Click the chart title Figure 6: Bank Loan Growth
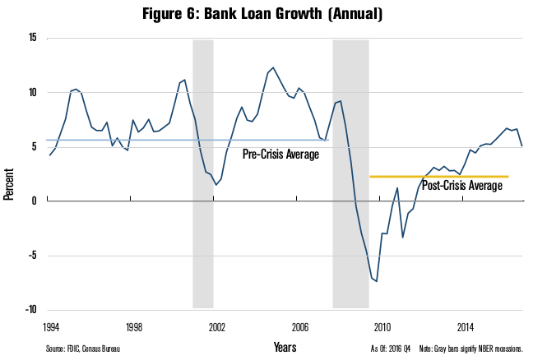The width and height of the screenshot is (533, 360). (x=266, y=14)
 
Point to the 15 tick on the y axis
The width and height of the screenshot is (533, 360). (x=32, y=38)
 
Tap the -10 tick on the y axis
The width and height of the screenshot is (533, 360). (x=30, y=310)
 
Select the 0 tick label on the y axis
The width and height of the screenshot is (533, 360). (x=35, y=201)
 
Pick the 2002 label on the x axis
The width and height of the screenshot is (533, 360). (x=217, y=325)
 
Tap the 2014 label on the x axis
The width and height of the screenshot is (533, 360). (x=466, y=325)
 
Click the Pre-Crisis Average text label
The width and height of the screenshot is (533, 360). (x=280, y=154)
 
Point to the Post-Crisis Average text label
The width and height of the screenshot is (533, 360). (x=461, y=187)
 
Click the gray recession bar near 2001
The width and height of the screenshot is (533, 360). (x=203, y=173)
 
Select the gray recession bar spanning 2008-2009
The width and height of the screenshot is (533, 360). (x=350, y=173)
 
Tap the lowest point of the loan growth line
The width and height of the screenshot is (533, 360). (x=376, y=282)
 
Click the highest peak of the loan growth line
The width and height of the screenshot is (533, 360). (x=273, y=67)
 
